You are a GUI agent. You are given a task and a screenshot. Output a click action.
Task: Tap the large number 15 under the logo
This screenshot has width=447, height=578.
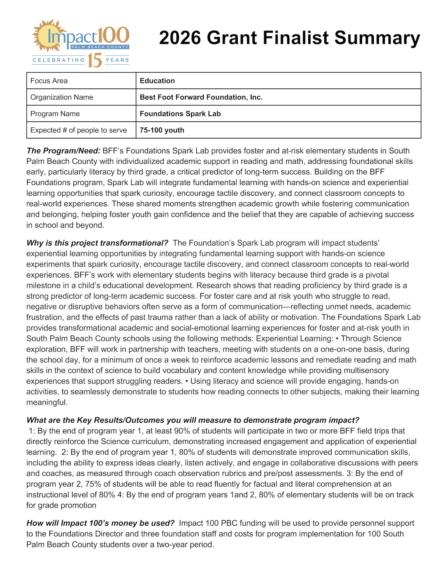[95, 60]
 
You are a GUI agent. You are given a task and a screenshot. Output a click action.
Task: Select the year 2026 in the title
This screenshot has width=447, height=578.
[180, 38]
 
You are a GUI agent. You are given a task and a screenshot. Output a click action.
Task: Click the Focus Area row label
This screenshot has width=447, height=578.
[49, 81]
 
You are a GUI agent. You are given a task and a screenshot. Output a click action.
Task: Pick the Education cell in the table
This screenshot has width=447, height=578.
[157, 81]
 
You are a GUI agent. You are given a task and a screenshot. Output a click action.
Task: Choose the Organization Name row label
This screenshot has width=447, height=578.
[62, 97]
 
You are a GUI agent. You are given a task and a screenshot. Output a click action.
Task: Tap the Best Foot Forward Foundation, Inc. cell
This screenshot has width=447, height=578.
[201, 97]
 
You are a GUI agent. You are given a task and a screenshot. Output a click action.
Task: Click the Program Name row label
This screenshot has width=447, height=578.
[55, 113]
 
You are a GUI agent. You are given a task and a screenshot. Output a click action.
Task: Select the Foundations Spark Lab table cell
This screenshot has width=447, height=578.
[180, 113]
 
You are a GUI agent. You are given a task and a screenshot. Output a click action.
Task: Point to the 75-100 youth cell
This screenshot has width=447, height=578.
[162, 130]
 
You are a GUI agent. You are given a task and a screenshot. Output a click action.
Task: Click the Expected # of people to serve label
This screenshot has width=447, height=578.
[79, 130]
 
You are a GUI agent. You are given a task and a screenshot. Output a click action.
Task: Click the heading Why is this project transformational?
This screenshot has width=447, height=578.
[97, 243]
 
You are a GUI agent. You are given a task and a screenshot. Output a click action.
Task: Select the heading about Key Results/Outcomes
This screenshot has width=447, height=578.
[193, 420]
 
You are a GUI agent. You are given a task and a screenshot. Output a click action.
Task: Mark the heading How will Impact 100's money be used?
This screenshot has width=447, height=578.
[100, 523]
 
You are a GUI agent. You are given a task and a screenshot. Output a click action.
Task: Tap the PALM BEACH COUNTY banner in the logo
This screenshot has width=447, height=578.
[100, 47]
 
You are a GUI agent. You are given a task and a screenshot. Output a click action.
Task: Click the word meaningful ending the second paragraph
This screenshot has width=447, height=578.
[47, 402]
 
